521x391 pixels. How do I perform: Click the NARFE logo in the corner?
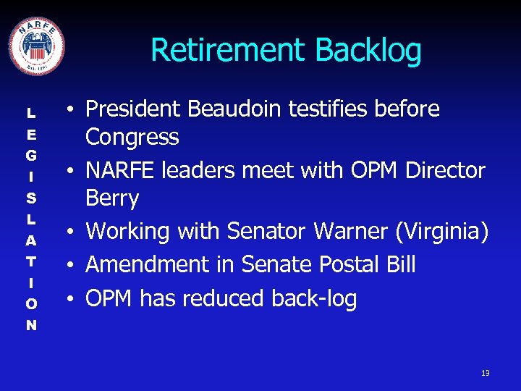click(36, 45)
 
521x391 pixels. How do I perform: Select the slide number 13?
click(485, 373)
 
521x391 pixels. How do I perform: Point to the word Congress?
click(132, 137)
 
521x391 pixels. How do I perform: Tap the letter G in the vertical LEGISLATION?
click(31, 155)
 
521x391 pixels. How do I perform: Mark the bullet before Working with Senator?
click(74, 232)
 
